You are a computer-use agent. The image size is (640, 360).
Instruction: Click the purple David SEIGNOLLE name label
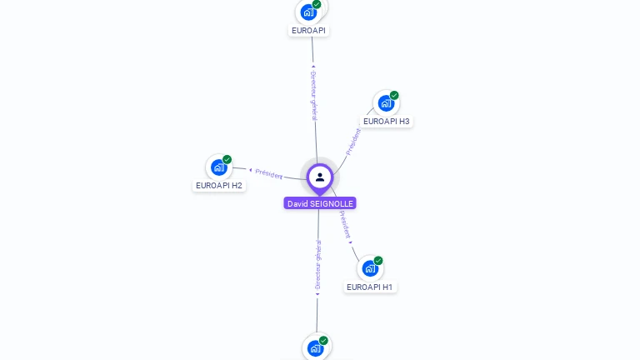[320, 203]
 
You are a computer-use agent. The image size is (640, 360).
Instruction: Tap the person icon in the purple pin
[320, 177]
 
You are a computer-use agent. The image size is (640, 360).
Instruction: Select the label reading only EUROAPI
[308, 30]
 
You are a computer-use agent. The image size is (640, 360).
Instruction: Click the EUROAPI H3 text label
[386, 121]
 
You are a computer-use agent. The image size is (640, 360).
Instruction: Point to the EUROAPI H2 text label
[219, 185]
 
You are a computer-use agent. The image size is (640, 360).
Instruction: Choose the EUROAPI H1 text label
[369, 287]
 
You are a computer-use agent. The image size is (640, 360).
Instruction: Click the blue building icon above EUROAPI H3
[385, 103]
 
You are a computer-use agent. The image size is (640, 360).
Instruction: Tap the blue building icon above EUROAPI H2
[218, 167]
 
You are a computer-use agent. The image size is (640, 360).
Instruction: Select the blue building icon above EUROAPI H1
[369, 268]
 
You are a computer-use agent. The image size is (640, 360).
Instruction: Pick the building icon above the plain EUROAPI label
[308, 12]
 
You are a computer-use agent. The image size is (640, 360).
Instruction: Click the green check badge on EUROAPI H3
[394, 95]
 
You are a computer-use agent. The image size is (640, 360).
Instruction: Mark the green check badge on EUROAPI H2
[227, 159]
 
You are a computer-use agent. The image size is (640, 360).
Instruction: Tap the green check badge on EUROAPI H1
[378, 260]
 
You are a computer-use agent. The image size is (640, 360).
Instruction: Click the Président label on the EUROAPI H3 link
[353, 141]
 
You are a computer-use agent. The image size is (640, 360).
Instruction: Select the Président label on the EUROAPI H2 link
[268, 173]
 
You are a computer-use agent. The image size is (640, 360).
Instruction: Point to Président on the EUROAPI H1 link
[344, 225]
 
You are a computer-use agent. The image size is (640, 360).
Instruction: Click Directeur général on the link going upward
[313, 96]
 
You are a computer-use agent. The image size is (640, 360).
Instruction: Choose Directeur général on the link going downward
[317, 265]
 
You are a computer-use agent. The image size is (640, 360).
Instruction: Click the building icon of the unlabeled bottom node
[315, 348]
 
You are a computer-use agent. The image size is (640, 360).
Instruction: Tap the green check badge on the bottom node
[323, 340]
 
